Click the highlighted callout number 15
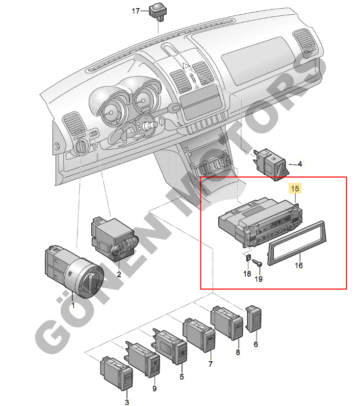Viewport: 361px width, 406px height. (295, 188)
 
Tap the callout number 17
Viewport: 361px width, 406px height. (136, 11)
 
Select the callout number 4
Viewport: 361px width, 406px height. (300, 164)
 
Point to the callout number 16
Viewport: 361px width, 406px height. (299, 265)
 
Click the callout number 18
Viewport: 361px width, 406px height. (247, 274)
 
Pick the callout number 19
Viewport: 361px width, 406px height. (259, 279)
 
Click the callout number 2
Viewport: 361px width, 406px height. (119, 274)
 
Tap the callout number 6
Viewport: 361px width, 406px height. (256, 344)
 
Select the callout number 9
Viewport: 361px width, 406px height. (154, 388)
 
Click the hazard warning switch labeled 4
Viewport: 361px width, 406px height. (270, 164)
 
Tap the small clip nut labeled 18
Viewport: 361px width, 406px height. (248, 257)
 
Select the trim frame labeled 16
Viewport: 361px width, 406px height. (296, 243)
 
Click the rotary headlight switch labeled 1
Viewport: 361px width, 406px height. (74, 271)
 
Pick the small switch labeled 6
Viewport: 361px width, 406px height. (253, 319)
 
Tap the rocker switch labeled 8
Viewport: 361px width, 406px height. (227, 322)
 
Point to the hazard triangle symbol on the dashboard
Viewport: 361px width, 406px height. (186, 66)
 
